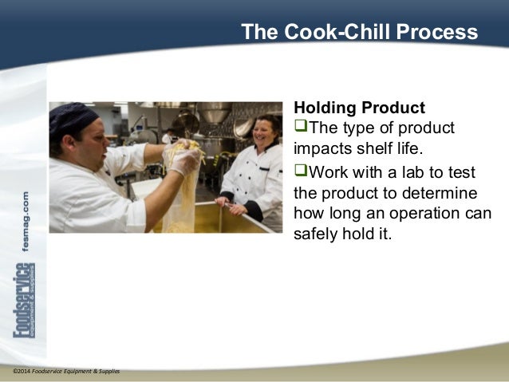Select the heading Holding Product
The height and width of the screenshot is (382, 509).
point(359,108)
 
